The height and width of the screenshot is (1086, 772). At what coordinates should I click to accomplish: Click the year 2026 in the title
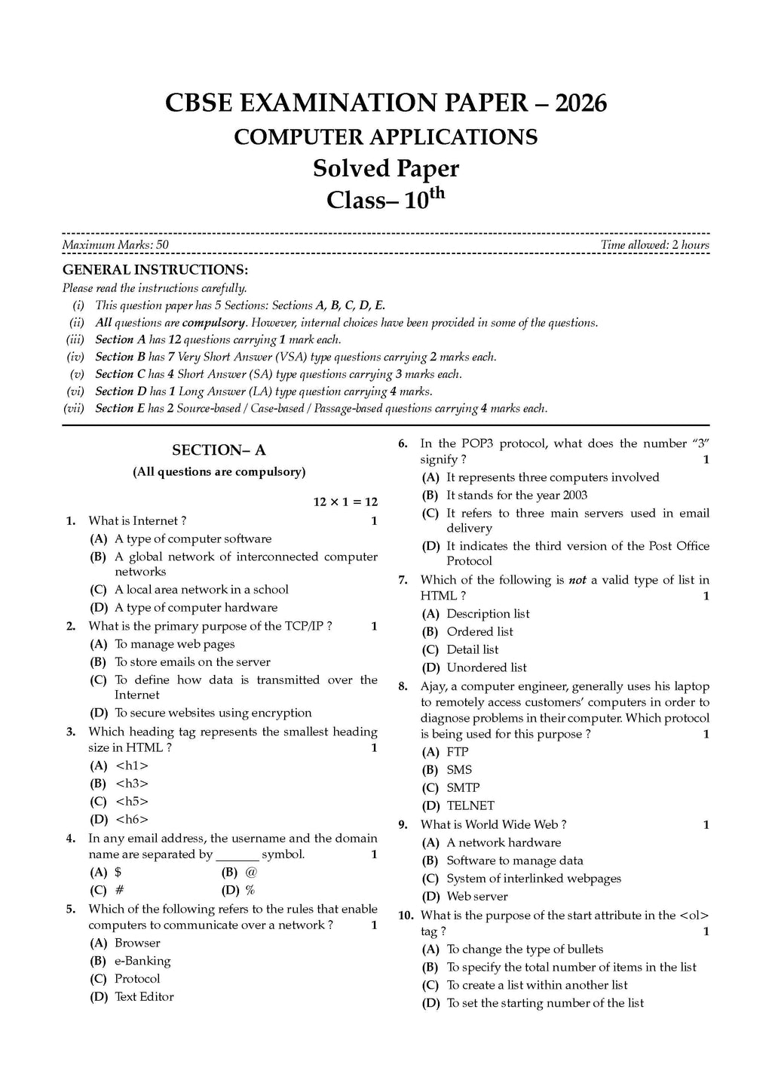(581, 103)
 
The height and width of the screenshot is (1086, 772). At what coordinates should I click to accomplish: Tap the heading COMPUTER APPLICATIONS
(385, 137)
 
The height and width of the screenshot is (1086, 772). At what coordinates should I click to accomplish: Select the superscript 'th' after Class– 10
(437, 194)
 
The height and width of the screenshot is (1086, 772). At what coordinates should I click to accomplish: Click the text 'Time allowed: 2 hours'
(654, 245)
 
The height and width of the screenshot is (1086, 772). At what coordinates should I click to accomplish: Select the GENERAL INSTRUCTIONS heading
(155, 270)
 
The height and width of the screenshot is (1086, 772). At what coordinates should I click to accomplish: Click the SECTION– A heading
(219, 450)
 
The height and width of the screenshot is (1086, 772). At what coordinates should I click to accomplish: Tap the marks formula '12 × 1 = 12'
(345, 502)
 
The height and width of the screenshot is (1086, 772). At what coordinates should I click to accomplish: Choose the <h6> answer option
(132, 819)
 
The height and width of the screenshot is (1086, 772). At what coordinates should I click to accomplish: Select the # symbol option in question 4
(119, 890)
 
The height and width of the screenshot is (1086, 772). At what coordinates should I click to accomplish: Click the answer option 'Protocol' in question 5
(137, 979)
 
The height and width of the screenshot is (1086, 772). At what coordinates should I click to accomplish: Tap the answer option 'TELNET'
(470, 805)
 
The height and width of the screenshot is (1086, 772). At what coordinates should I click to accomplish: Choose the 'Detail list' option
(472, 649)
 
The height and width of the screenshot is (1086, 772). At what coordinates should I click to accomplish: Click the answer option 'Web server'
(477, 897)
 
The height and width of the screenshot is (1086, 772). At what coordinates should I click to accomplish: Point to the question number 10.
(406, 916)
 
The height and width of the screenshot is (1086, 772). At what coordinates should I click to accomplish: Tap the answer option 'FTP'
(458, 752)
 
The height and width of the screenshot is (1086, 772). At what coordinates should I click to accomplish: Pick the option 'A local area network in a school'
(201, 590)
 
